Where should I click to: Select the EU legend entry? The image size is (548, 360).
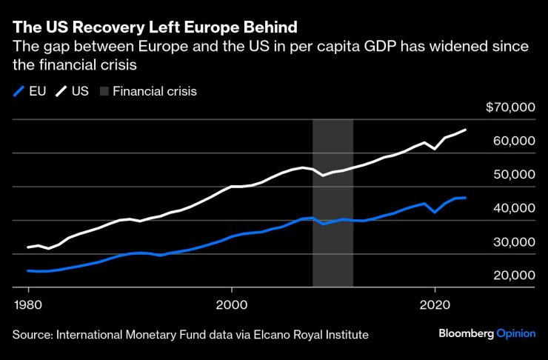[x=30, y=92]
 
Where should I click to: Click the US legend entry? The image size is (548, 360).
[x=72, y=92]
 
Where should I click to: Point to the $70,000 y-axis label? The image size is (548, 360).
[x=510, y=107]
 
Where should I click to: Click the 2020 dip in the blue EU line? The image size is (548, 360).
[x=435, y=213]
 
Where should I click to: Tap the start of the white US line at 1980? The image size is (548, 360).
[x=28, y=247]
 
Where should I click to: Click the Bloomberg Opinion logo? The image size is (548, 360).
[x=487, y=333]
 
